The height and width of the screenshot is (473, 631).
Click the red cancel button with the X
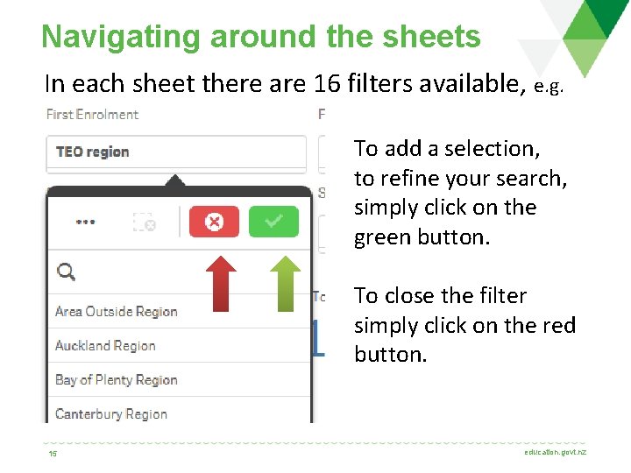pyautogui.click(x=215, y=222)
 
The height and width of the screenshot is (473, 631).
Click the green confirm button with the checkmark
pyautogui.click(x=273, y=222)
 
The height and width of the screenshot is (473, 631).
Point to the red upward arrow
pyautogui.click(x=223, y=281)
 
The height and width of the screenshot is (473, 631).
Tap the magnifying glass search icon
pyautogui.click(x=66, y=272)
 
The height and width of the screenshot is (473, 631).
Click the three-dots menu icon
pyautogui.click(x=85, y=222)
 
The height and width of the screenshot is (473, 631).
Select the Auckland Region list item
pyautogui.click(x=105, y=345)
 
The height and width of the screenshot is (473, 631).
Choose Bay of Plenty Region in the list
pyautogui.click(x=116, y=379)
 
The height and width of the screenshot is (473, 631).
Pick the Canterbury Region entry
pyautogui.click(x=110, y=413)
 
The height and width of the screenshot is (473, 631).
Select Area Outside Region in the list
pyautogui.click(x=116, y=311)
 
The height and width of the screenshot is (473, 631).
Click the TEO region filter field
pyautogui.click(x=175, y=152)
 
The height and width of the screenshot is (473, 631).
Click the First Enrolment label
pyautogui.click(x=92, y=114)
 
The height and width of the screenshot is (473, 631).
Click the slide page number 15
pyautogui.click(x=53, y=454)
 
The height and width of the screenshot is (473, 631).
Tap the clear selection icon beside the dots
pyautogui.click(x=144, y=222)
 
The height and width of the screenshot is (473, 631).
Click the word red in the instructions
pyautogui.click(x=557, y=326)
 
